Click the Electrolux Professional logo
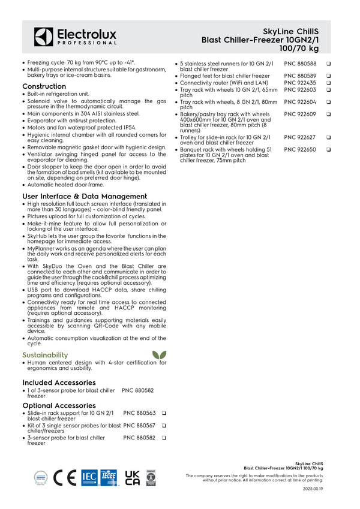75,37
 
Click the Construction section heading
44,86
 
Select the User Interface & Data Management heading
85,196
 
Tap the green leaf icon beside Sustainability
160,355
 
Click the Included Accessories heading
59,382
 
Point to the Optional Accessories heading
59,405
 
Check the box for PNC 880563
163,414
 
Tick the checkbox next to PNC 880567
163,426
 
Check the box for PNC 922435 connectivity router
329,83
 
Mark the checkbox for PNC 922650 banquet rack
329,150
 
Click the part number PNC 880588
300,64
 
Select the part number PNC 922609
300,114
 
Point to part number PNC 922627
300,137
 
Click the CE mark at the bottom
65,477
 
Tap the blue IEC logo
89,477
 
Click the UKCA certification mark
132,477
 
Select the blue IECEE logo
109,477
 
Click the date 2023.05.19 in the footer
313,489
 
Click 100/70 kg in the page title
299,48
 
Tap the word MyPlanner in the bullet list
41,248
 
